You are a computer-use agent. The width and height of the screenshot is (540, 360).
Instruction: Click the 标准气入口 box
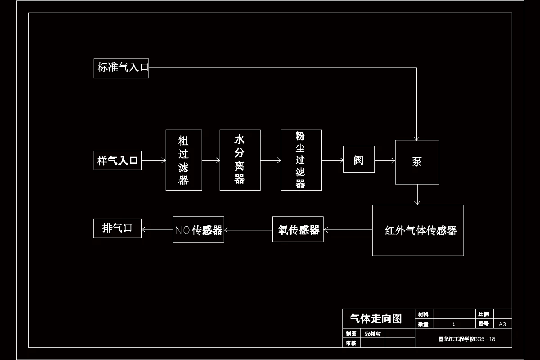(x=121, y=68)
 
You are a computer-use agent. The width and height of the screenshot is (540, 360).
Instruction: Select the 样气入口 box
(x=117, y=161)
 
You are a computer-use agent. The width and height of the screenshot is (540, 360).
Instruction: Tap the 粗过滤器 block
(x=184, y=160)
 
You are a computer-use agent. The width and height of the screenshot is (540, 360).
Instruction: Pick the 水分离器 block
(x=240, y=160)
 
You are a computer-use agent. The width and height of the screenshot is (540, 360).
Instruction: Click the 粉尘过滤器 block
(x=301, y=160)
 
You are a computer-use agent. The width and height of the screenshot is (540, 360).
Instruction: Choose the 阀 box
(x=359, y=159)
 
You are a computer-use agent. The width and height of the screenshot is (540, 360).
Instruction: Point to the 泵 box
(x=417, y=162)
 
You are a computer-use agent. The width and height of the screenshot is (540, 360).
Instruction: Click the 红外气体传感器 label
(x=421, y=231)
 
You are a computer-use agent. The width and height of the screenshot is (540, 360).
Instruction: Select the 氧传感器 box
(x=298, y=229)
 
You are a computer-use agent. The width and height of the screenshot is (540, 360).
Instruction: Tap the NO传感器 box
(x=198, y=229)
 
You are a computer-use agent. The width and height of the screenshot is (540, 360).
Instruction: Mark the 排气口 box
(x=117, y=228)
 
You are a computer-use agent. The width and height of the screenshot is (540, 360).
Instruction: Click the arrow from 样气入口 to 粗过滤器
(x=153, y=160)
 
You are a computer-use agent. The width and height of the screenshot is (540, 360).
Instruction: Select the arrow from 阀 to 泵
(x=385, y=160)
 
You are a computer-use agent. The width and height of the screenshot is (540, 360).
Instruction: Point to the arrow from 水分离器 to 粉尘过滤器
(x=270, y=160)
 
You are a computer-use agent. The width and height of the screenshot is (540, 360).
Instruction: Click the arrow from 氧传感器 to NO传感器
(x=248, y=230)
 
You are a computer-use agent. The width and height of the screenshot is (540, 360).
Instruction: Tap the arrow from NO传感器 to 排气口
(x=157, y=230)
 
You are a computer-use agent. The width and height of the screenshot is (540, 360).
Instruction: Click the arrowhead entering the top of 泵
(x=417, y=138)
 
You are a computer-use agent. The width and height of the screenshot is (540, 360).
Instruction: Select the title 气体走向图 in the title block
(x=376, y=319)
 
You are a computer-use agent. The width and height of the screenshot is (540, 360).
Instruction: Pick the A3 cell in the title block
(x=503, y=324)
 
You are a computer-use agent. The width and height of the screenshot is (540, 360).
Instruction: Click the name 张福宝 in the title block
(x=373, y=334)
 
